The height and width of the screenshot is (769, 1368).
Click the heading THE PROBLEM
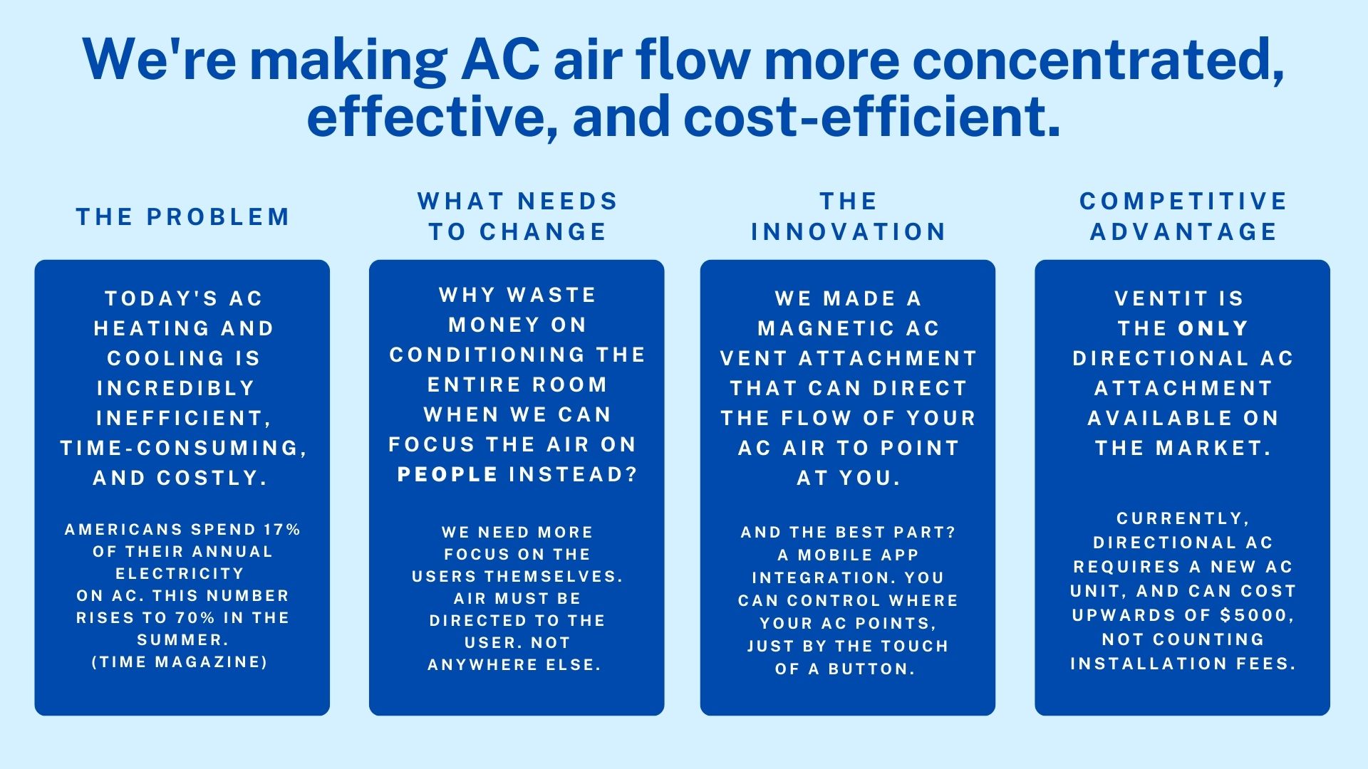183,216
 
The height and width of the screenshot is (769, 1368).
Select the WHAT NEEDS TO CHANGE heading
518,216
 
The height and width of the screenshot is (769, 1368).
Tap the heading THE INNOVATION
848,216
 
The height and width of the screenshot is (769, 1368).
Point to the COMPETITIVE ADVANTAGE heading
1183,216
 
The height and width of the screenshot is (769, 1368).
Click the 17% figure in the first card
282,530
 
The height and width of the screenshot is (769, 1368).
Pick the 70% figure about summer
195,618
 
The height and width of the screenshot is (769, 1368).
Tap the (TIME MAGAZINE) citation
180,662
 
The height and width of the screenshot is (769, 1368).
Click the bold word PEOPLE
447,474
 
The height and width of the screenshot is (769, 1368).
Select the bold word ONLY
1213,328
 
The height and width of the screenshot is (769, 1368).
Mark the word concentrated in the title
1098,60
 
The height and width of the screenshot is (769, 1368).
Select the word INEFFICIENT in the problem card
184,418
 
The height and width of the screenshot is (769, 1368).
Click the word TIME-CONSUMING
184,448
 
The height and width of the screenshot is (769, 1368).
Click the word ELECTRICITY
180,574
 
